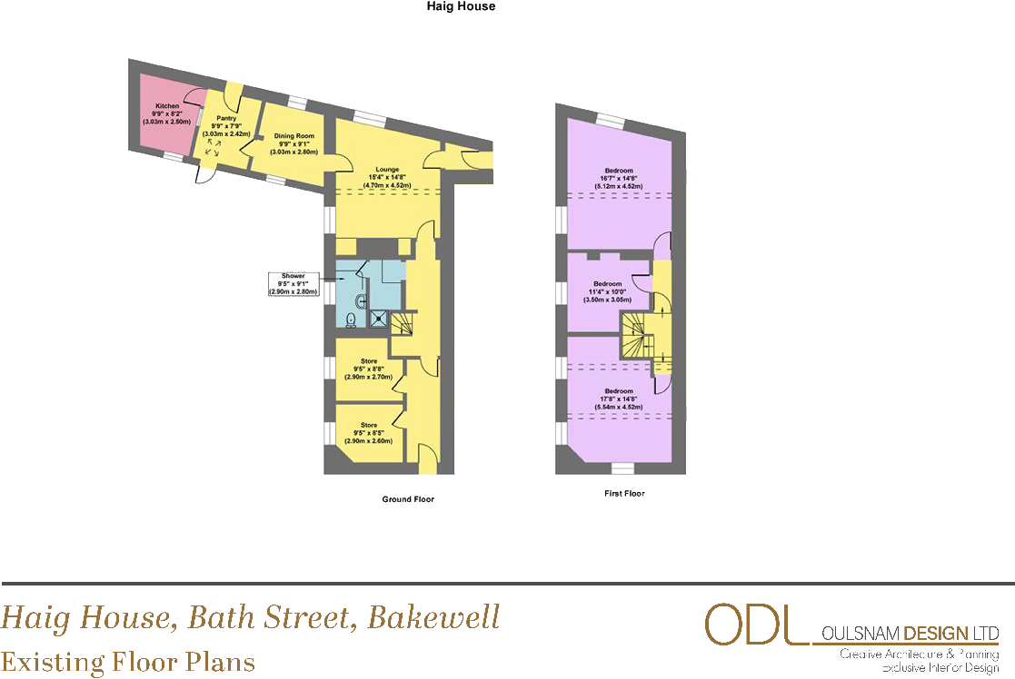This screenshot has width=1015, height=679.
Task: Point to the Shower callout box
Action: click(293, 284)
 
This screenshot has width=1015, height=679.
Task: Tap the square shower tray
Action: click(378, 319)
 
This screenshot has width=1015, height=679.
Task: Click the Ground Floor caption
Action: click(408, 499)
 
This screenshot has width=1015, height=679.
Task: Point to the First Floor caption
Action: click(624, 494)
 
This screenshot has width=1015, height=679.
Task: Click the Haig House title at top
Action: click(461, 6)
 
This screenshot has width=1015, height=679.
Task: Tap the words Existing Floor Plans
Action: click(128, 662)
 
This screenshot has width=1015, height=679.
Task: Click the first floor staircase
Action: click(638, 335)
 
